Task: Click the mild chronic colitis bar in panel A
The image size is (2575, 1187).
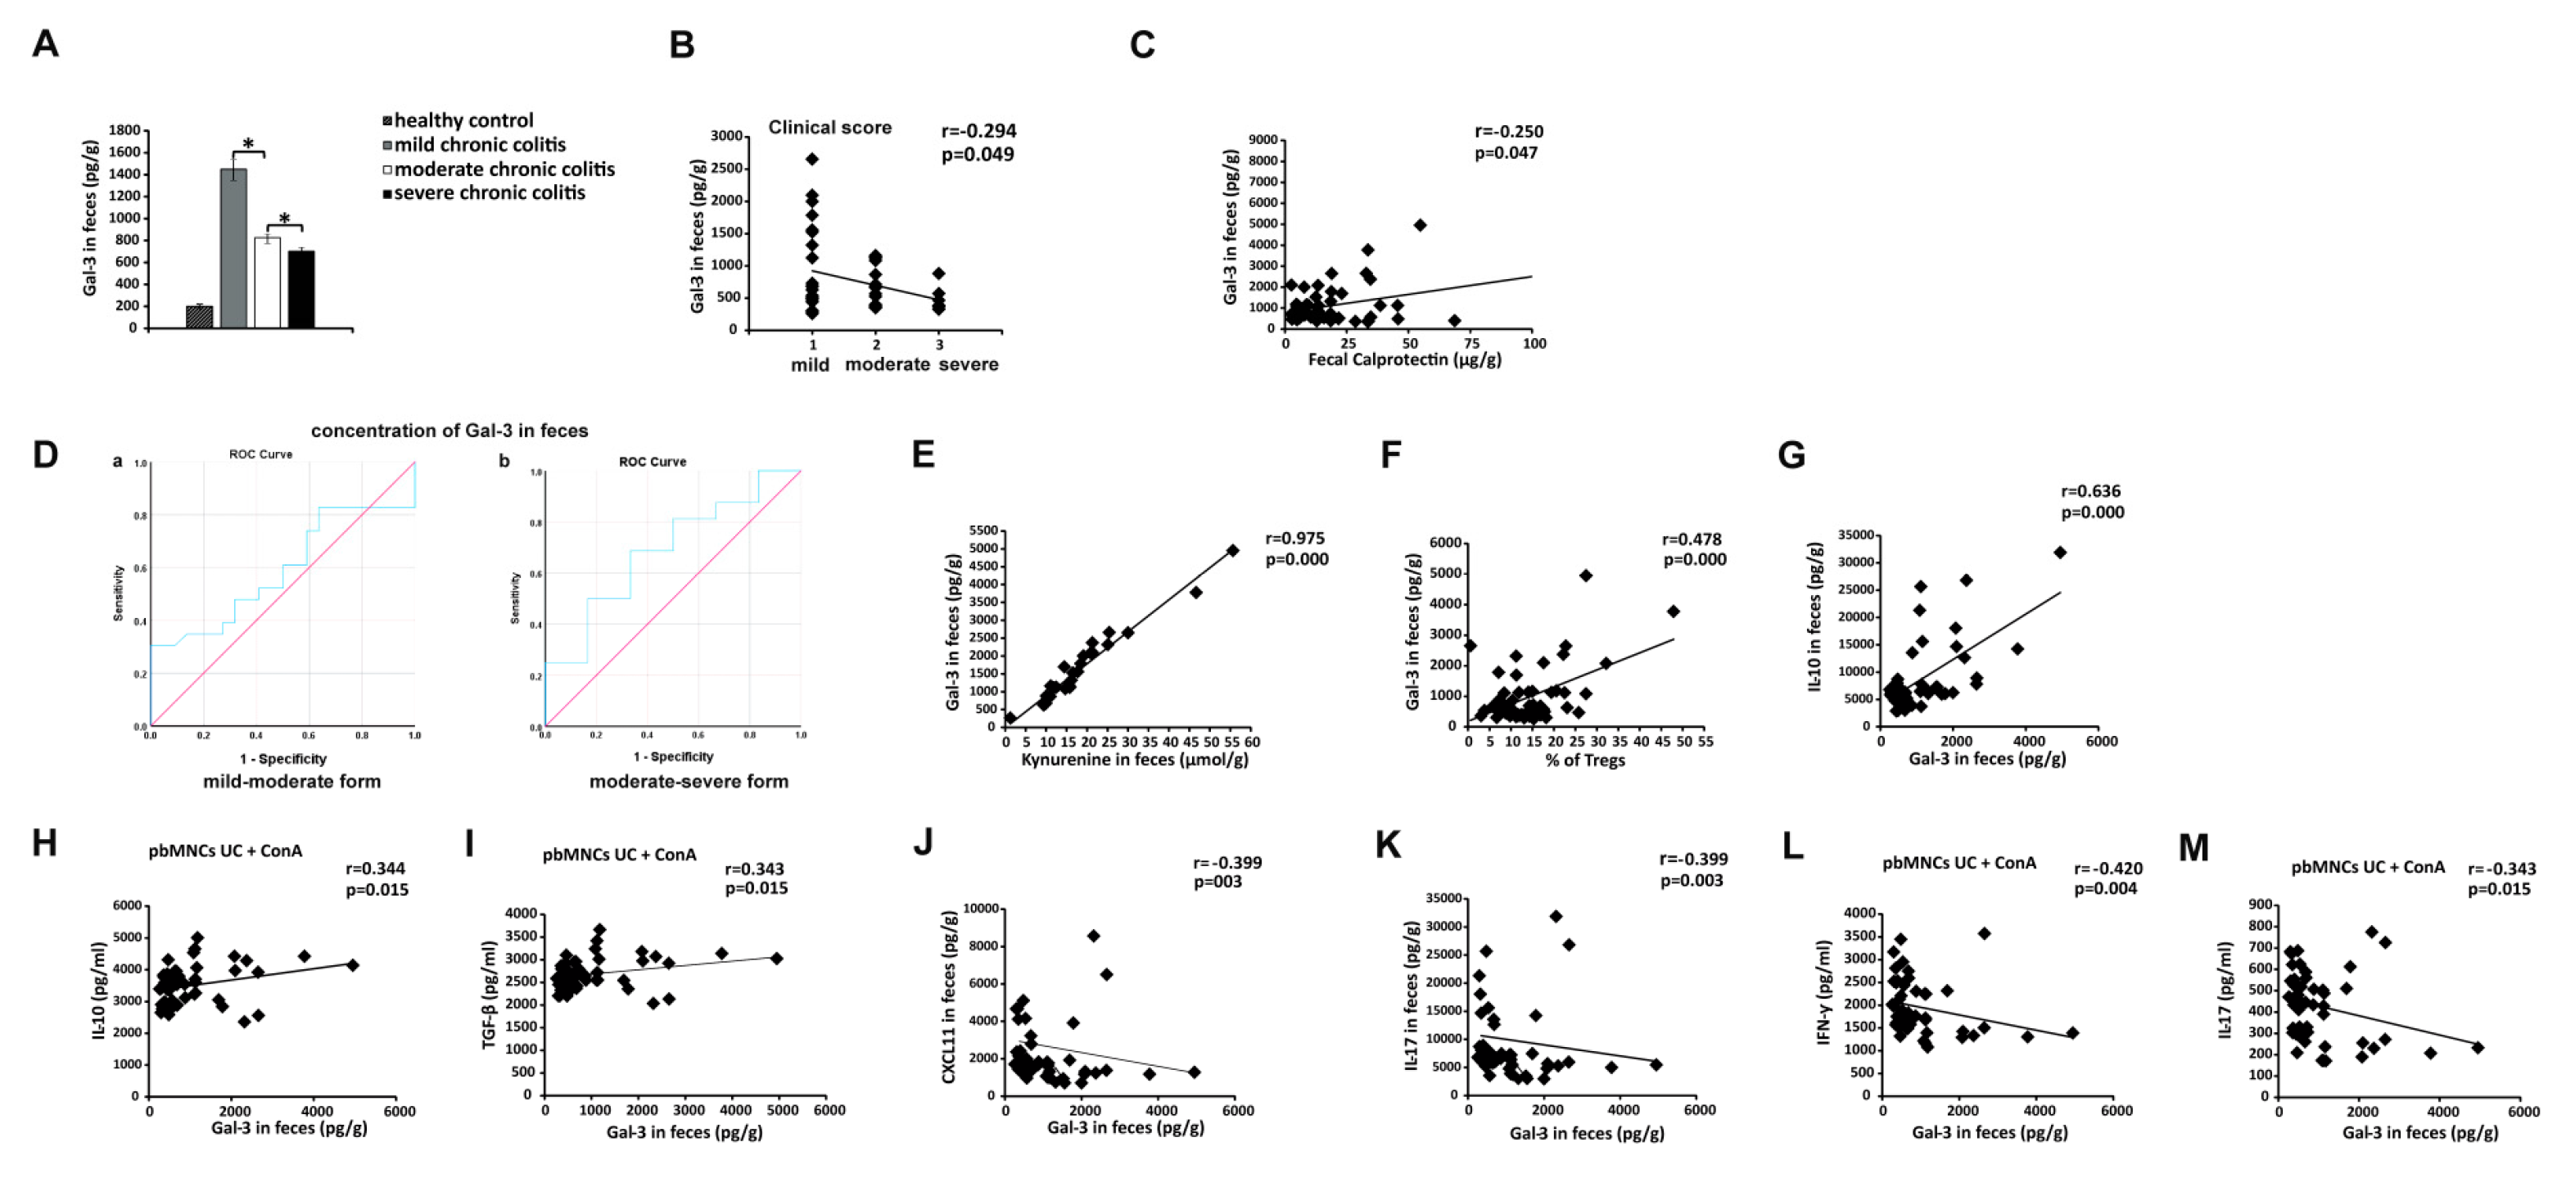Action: coord(234,250)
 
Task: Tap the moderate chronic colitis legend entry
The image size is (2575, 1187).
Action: coord(503,169)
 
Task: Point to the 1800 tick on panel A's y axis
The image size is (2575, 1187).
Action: coord(124,130)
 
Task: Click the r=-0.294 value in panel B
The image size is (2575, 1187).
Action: coord(978,131)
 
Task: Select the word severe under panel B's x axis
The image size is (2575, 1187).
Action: coord(968,364)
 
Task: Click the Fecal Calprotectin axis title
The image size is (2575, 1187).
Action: coord(1403,359)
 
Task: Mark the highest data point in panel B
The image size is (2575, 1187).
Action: coord(813,159)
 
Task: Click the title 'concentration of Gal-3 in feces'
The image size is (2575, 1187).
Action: coord(449,431)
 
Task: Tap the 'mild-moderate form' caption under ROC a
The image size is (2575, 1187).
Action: coord(291,781)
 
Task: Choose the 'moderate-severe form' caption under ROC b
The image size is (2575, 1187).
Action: coord(688,781)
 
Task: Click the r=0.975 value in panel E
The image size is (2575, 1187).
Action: coord(1294,539)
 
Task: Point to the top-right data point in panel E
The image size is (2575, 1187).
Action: coord(1232,551)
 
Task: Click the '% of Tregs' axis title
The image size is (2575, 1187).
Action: coord(1584,760)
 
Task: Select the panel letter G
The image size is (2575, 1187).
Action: coord(1791,456)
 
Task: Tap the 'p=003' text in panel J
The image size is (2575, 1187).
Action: coord(1217,882)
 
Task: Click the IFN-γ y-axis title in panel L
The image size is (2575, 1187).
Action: coord(1823,992)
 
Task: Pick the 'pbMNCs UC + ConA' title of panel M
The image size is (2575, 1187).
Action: coord(2367,867)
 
